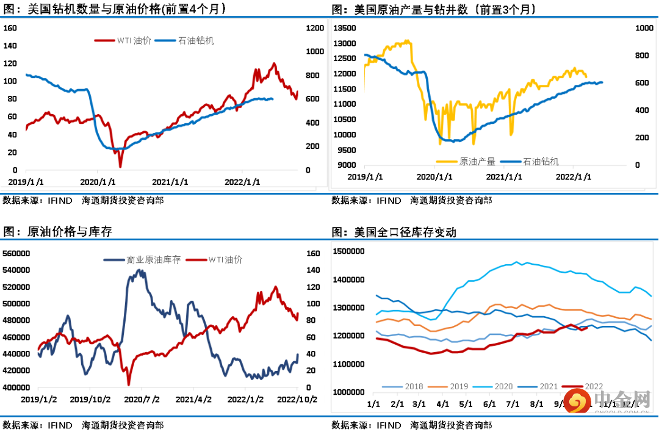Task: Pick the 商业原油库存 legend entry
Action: [153, 259]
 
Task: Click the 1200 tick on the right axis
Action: [315, 27]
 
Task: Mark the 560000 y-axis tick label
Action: [16, 253]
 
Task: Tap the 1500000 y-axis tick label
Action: [348, 251]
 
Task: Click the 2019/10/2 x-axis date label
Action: [90, 399]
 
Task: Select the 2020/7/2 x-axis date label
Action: [142, 399]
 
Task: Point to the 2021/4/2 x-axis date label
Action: [194, 399]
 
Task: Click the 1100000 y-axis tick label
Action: [348, 364]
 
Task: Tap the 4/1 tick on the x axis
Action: [444, 404]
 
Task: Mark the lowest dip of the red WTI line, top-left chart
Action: [120, 167]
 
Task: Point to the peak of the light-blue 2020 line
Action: [516, 262]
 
